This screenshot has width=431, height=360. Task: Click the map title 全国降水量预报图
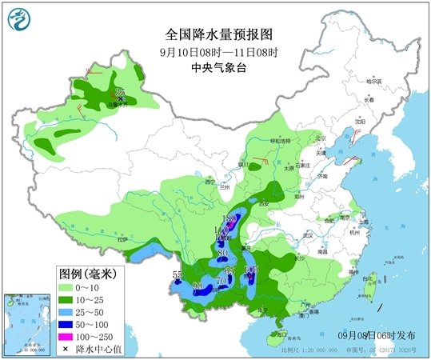tap(219, 35)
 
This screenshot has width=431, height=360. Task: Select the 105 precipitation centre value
tap(250, 270)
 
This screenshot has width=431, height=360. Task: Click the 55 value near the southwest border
tap(178, 276)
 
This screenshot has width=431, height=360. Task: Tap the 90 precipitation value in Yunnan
tap(197, 286)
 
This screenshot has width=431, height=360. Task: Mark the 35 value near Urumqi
tap(121, 94)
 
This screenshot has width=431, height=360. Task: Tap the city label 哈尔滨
tap(375, 81)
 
